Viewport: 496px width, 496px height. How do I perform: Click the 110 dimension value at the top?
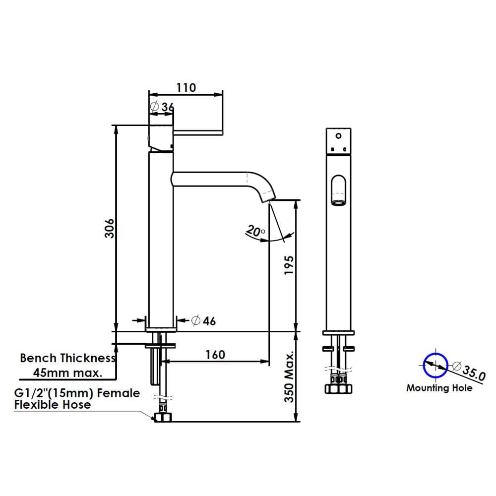(186, 87)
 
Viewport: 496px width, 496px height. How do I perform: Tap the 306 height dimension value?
(110, 228)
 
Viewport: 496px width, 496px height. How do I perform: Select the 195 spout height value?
(289, 265)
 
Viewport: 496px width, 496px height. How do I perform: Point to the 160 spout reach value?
(215, 355)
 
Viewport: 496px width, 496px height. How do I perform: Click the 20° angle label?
(255, 231)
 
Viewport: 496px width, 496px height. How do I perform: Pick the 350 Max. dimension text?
(289, 376)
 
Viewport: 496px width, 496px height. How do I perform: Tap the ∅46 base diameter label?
(204, 321)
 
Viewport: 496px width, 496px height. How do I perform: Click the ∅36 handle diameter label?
(162, 107)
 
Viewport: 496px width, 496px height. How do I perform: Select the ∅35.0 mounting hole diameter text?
(469, 370)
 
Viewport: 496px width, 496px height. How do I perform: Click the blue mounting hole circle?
(435, 366)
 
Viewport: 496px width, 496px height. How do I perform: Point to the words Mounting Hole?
(439, 388)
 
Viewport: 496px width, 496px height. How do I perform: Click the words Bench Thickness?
(67, 358)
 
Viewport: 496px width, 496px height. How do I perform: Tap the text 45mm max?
(67, 372)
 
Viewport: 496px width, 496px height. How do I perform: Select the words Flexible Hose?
(53, 405)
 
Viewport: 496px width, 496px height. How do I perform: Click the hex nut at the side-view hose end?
(163, 417)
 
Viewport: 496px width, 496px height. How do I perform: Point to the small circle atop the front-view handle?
(338, 136)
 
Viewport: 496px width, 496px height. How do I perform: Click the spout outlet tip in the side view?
(268, 199)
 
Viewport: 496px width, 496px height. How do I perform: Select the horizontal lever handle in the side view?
(198, 132)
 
